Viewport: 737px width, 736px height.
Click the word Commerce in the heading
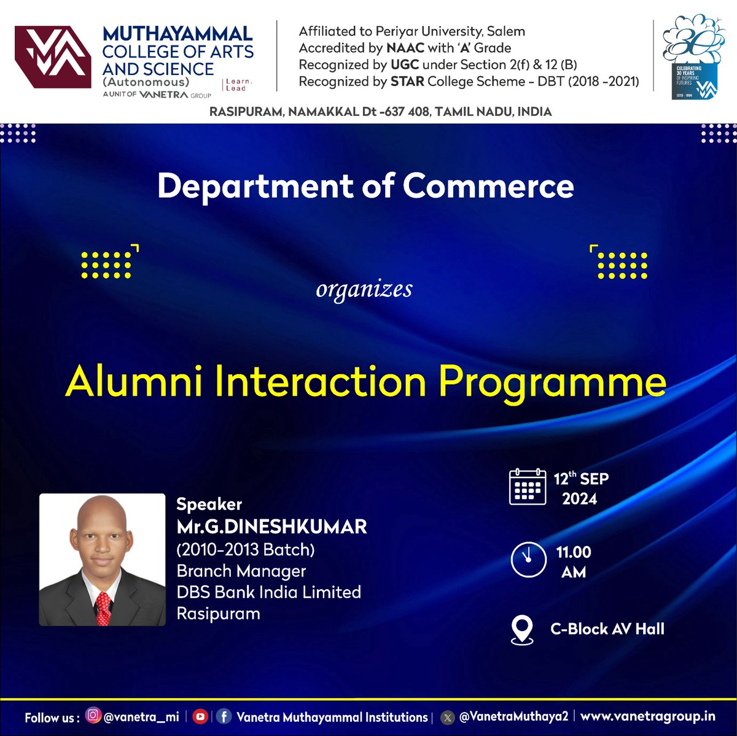tap(488, 186)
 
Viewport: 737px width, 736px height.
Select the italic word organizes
tap(364, 289)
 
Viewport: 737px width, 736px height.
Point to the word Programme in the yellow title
tap(552, 383)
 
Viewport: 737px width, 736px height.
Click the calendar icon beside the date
tap(528, 487)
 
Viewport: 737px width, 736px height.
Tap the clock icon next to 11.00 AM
tap(528, 560)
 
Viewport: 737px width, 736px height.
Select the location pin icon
tap(522, 630)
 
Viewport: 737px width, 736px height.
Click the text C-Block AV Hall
tap(607, 629)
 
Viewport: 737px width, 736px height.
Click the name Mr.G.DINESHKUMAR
tap(271, 527)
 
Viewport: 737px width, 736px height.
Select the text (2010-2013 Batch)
tap(245, 549)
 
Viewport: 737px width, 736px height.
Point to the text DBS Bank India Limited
tap(268, 592)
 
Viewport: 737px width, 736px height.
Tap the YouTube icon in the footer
tap(200, 716)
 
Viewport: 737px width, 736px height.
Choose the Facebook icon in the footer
tap(224, 716)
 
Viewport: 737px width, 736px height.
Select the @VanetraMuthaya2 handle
tap(513, 716)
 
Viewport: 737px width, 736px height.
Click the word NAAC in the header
tap(405, 48)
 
